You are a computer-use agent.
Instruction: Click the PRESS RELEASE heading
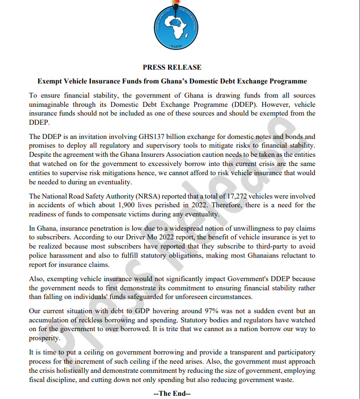tap(172, 67)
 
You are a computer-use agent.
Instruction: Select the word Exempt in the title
tap(49, 82)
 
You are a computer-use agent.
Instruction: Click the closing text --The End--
tap(172, 393)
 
